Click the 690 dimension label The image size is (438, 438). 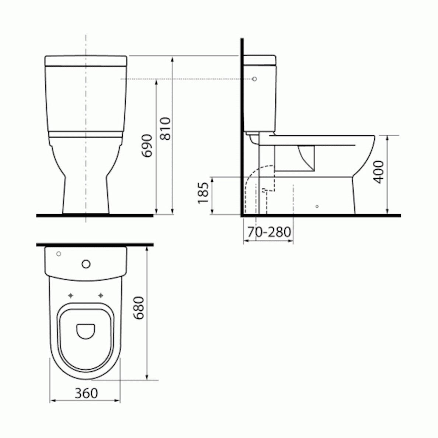pyautogui.click(x=147, y=146)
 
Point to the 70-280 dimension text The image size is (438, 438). pyautogui.click(x=269, y=232)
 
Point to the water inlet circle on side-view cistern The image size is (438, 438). pyautogui.click(x=254, y=79)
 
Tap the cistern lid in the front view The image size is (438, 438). pyautogui.click(x=86, y=60)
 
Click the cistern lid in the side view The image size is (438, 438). pyautogui.click(x=260, y=60)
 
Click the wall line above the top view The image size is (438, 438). pyautogui.click(x=95, y=245)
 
